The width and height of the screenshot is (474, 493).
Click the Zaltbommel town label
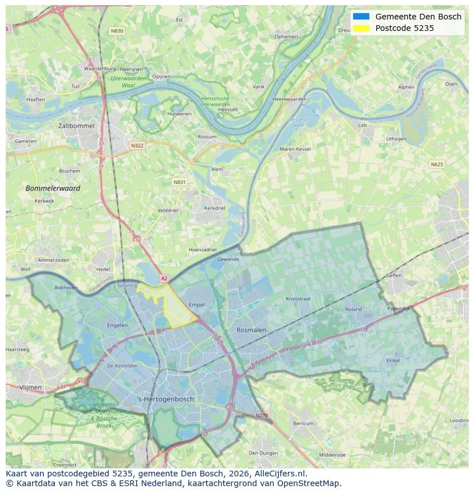76,125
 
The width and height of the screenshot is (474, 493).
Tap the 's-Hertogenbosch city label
166,399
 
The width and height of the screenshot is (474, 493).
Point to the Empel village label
196,305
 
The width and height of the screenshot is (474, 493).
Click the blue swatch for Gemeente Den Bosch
361,17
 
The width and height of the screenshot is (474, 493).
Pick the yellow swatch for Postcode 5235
361,28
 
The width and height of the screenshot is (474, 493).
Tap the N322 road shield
137,145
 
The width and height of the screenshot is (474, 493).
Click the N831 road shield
180,182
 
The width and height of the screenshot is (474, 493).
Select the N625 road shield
437,164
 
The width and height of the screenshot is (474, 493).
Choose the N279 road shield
261,415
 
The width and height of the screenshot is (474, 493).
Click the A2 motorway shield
164,278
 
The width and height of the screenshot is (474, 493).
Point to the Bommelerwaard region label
53,188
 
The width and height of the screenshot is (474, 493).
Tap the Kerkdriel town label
215,208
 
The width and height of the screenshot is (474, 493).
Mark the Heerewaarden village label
290,99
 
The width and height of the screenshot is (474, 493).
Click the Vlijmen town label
30,388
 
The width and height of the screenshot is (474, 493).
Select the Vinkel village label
393,361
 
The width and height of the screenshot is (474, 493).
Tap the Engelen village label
117,325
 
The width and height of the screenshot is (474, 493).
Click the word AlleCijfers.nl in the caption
279,474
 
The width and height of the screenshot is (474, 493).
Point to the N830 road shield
117,31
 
